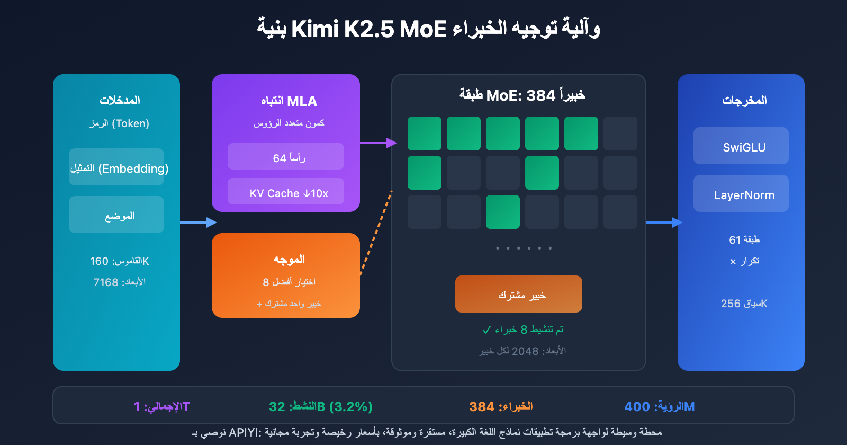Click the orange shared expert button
pos(518,294)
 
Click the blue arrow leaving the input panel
pos(197,222)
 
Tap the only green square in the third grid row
pos(503,212)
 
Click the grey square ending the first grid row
pos(620,133)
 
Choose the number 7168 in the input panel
pos(106,282)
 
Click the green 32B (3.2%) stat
pos(321,406)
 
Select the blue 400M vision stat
pos(659,406)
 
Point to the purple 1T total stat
pos(161,406)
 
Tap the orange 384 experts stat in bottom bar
pos(501,406)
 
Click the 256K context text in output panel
pos(744,304)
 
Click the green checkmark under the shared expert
pos(486,330)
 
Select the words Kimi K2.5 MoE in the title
pos(369,29)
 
